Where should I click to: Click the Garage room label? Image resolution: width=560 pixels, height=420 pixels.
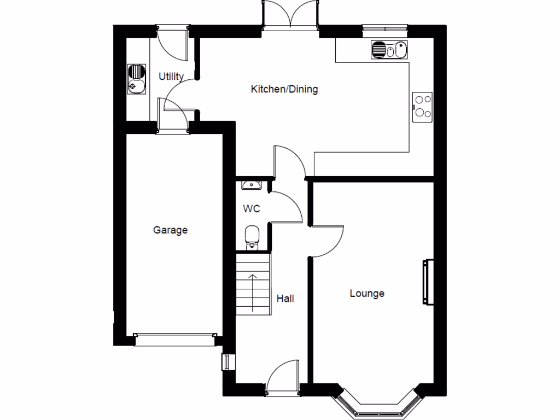click(170, 230)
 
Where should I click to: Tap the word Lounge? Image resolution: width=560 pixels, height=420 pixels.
click(367, 294)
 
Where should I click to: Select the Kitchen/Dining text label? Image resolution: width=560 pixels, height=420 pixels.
click(284, 89)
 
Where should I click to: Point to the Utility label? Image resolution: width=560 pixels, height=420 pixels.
click(171, 77)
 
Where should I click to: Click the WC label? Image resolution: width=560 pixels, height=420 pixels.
click(252, 209)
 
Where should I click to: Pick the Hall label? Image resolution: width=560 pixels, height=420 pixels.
click(285, 299)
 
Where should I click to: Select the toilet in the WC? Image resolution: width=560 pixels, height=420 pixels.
click(252, 238)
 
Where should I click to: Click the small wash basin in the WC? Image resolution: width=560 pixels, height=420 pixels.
click(252, 185)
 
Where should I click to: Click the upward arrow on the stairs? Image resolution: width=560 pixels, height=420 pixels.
click(253, 293)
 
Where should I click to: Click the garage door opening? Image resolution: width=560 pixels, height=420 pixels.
click(175, 340)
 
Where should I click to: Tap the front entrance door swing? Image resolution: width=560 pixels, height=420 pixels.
click(284, 375)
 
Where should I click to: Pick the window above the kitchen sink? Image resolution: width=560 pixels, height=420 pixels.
click(385, 28)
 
